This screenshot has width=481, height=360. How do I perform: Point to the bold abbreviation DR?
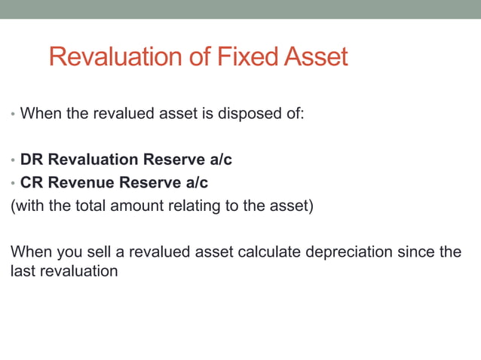coord(32,160)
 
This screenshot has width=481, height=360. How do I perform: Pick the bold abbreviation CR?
coord(32,182)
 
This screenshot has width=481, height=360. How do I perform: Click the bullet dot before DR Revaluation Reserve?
coord(12,161)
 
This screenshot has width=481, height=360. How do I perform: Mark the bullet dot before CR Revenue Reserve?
coord(12,184)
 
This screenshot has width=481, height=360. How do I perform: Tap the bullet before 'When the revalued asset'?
coord(12,117)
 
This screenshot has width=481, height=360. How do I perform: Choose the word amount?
coord(137,206)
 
